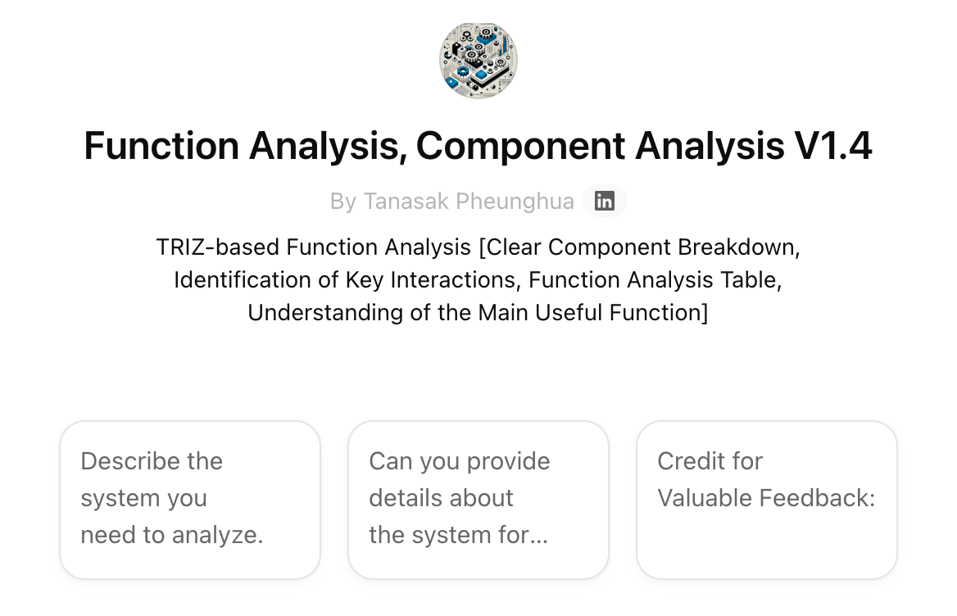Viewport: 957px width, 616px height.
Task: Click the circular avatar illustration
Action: [x=478, y=61]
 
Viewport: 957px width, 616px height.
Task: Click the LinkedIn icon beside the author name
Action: [x=605, y=201]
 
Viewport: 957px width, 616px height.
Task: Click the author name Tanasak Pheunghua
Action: [x=469, y=202]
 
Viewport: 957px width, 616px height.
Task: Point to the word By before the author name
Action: [x=342, y=202]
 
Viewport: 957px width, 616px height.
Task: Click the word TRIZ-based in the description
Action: [x=216, y=247]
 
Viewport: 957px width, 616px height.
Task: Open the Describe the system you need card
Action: [x=190, y=500]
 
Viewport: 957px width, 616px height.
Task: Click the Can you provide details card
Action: [x=478, y=500]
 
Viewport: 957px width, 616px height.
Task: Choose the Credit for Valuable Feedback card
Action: [x=767, y=500]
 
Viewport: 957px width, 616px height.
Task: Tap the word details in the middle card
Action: [x=405, y=498]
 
